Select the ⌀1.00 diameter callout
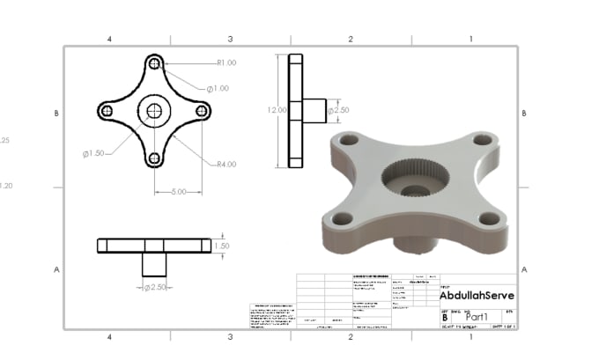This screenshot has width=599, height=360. tap(218, 88)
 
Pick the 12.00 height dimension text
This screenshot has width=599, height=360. tap(277, 110)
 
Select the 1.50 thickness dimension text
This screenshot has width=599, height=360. tap(222, 246)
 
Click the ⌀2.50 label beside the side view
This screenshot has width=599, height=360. tap(339, 110)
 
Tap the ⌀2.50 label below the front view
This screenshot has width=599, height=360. tap(155, 287)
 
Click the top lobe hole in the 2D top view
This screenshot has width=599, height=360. tap(155, 64)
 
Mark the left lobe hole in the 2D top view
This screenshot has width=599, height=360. tap(106, 111)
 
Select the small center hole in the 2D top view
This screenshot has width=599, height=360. tap(155, 111)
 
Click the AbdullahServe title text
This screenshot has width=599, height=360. tap(476, 297)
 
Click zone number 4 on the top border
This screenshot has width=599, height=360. tap(109, 40)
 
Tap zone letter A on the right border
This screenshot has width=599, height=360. tap(524, 269)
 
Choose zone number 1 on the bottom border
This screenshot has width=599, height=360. tap(470, 336)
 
